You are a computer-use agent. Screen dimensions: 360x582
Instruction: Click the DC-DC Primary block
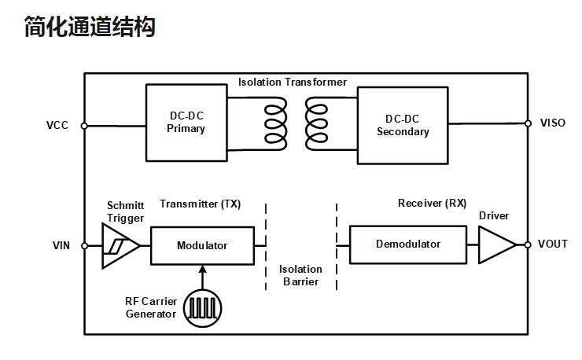coord(186,123)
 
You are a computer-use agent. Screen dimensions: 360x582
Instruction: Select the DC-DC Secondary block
coord(403,126)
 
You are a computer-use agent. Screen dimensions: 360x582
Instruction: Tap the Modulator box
coord(202,245)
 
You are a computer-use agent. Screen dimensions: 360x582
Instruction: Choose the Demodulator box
coord(407,244)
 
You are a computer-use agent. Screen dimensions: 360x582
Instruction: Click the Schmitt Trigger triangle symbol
coord(120,245)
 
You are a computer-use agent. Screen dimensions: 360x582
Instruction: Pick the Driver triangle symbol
coord(495,244)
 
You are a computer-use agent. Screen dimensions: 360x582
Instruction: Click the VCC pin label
coord(57,125)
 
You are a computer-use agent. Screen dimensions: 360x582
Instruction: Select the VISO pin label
coord(552,123)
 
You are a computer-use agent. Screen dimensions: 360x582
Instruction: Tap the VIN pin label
coord(61,246)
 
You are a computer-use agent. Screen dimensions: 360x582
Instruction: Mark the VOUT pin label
coord(552,244)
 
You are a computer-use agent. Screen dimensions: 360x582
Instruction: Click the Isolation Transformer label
coord(293,83)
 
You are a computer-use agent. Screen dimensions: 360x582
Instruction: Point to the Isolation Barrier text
coord(300,275)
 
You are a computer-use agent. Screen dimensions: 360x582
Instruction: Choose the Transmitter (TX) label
coord(200,204)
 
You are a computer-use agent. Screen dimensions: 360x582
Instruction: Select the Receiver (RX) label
coord(432,204)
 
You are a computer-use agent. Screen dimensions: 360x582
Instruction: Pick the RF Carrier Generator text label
coord(151,307)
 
